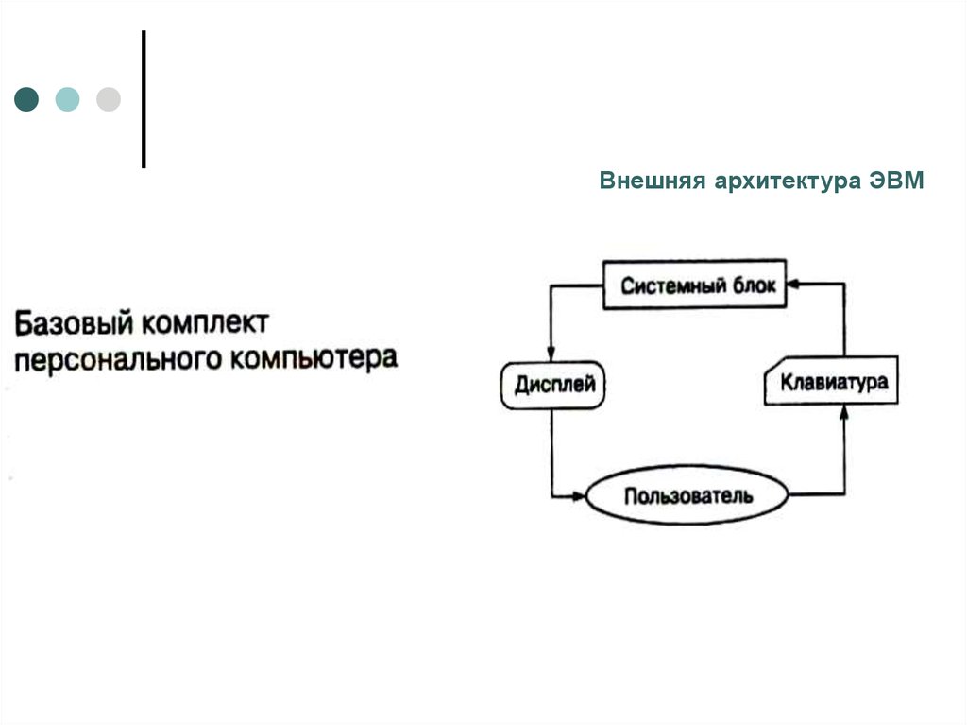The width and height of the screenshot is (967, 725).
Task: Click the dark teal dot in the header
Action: pos(26,99)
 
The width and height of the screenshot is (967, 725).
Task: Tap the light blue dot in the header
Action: pos(67,99)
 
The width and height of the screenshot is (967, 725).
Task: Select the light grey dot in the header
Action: pos(109,99)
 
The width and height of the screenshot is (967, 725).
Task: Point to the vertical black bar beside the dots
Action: pos(144,99)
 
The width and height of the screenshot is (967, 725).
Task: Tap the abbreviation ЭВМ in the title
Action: pos(897,181)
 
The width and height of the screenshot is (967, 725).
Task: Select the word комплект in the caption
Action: pos(205,323)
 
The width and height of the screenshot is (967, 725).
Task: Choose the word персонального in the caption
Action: pos(118,359)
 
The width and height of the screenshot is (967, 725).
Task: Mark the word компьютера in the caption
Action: pos(314,359)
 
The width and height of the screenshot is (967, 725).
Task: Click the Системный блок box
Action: pos(694,285)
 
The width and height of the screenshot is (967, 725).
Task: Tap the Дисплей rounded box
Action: pos(552,386)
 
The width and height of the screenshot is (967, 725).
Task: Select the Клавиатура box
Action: pos(831,381)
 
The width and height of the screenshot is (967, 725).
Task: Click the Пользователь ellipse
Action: pos(687,495)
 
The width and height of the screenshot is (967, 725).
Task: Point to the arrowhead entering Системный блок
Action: pos(793,284)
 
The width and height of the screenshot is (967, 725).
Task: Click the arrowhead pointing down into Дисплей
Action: pos(551,354)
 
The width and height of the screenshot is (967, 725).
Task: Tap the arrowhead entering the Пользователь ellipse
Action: pos(579,495)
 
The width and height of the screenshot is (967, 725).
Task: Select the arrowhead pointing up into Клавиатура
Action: pos(844,412)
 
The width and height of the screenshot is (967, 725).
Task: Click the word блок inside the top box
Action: pos(755,285)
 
